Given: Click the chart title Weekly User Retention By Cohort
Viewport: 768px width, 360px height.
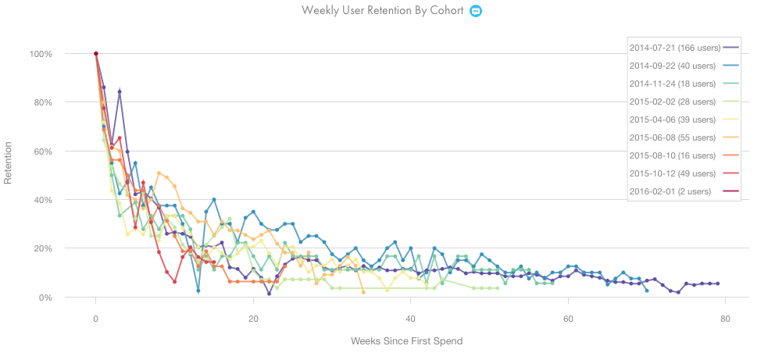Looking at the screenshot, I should [383, 11].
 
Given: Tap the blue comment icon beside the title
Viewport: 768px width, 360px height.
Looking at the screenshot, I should [475, 11].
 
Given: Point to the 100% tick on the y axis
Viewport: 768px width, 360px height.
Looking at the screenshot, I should [41, 54].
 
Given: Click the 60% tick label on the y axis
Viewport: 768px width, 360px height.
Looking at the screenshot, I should [43, 151].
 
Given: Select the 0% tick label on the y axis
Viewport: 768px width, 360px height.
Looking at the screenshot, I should [45, 298].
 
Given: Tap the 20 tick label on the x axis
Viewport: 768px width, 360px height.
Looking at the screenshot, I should [253, 319].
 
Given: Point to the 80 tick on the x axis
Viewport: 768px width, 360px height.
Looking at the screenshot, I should [726, 319].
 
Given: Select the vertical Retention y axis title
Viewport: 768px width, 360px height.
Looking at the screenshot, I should [9, 162].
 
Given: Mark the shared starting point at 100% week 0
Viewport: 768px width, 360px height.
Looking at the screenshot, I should [95, 54].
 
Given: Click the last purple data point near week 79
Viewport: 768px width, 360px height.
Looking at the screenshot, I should [717, 283].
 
